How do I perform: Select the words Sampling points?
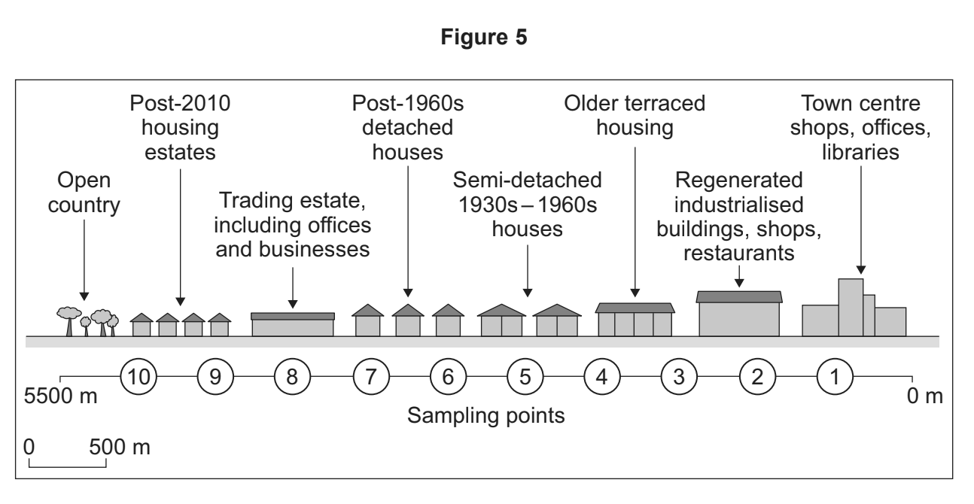click(x=486, y=414)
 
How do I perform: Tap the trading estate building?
click(x=293, y=325)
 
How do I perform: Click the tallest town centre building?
click(x=851, y=307)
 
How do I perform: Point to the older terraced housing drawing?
click(x=635, y=320)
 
